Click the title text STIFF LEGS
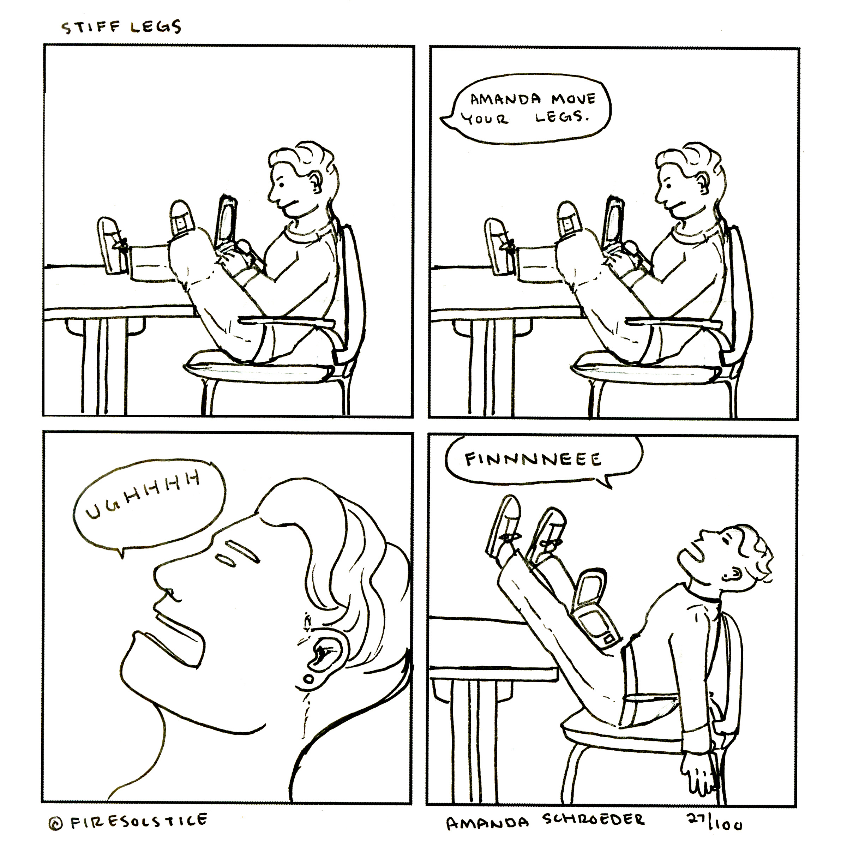[x=121, y=27]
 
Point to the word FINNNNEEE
[x=533, y=459]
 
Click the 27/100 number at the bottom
[x=714, y=819]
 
